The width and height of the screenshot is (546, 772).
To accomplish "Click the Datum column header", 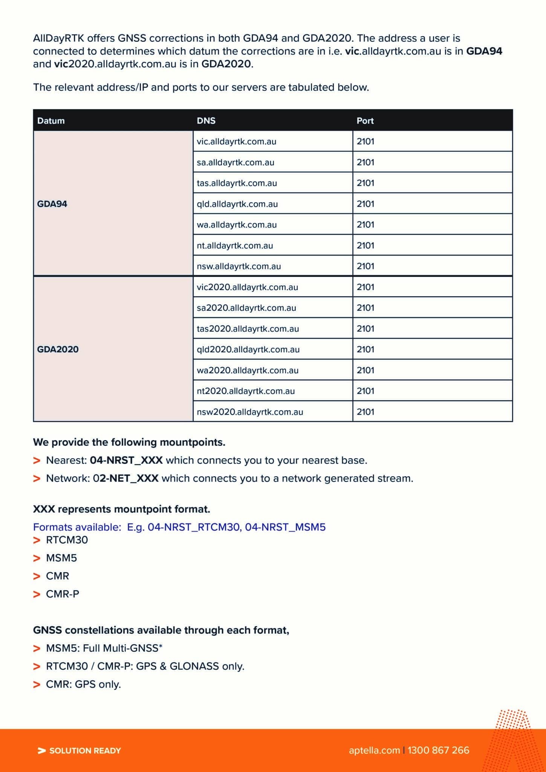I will [51, 121].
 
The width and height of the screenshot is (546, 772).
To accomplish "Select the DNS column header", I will [206, 121].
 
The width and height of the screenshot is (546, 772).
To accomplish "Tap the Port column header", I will [365, 121].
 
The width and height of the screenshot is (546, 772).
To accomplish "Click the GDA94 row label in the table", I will [52, 204].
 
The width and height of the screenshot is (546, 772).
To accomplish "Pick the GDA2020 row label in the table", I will [58, 349].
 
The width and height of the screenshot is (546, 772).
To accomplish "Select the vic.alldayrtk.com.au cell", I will [236, 142].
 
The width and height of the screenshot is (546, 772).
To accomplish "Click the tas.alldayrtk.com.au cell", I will [237, 183].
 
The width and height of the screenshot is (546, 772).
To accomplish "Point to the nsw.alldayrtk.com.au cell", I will [239, 266].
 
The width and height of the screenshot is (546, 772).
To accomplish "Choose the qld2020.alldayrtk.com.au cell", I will [248, 350].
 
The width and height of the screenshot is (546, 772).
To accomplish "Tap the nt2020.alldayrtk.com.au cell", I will [246, 391].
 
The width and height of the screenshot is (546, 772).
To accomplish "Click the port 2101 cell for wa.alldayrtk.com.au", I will [366, 225].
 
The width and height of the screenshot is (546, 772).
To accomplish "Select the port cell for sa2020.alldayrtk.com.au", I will [366, 308].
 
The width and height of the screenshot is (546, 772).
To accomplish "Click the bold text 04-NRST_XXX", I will [126, 460].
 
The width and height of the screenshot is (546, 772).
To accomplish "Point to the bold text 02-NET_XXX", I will [126, 478].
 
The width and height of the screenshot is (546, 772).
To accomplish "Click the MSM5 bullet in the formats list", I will [61, 558].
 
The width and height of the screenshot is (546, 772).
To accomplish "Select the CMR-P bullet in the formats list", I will [63, 594].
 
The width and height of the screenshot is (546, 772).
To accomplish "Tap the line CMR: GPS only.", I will [83, 684].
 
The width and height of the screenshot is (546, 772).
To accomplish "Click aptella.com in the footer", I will [374, 750].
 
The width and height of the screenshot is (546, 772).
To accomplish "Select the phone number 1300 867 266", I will [438, 750].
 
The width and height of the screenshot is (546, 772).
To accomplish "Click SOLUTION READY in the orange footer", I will [85, 751].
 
